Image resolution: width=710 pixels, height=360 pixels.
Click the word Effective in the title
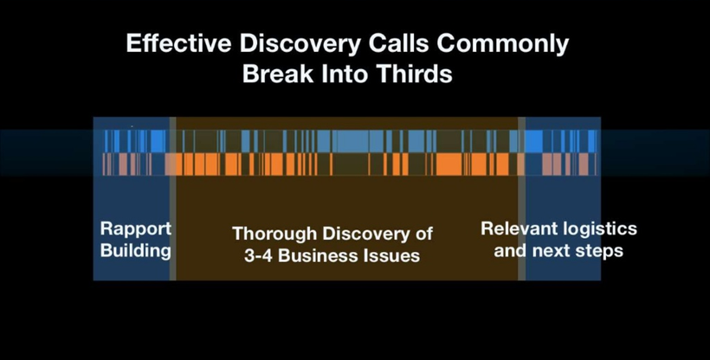coord(180,44)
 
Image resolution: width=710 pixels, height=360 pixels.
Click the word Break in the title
coord(278,74)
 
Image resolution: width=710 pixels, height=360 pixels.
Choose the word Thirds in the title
coord(415,74)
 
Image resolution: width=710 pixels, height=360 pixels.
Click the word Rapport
coord(136,229)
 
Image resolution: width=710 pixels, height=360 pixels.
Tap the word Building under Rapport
coord(136,250)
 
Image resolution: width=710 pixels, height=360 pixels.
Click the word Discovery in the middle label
coord(365,235)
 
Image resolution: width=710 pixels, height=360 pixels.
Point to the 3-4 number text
coord(258,256)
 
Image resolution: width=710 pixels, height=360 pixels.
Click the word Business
coord(319,256)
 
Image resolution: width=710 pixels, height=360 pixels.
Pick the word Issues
coord(392,256)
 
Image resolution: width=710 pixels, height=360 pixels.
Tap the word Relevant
coord(516,228)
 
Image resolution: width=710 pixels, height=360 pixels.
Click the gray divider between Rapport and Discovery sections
coord(172,198)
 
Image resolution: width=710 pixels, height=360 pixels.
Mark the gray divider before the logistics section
coord(521,198)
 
